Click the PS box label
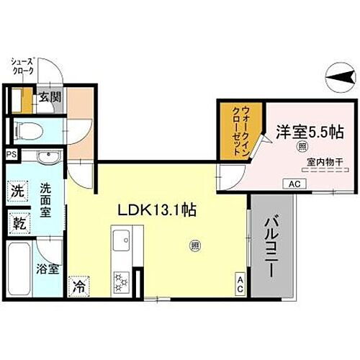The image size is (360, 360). pyautogui.click(x=11, y=155)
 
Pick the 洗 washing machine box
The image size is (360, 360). pyautogui.click(x=17, y=192)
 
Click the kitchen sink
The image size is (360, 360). pyautogui.click(x=120, y=238)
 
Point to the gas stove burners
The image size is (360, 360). pyautogui.click(x=120, y=279)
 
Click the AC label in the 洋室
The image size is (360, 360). pyautogui.click(x=294, y=184)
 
